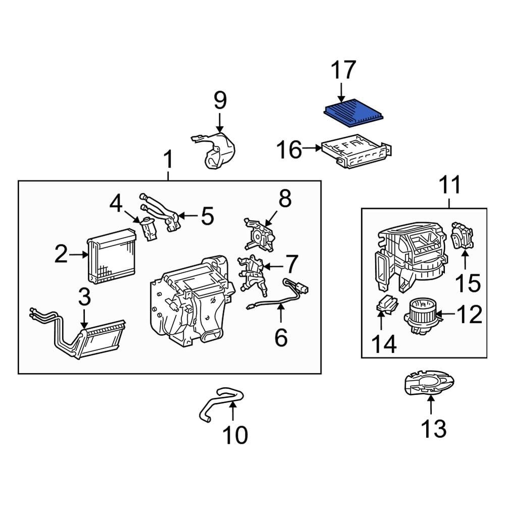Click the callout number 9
[220, 100]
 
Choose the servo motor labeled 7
[251, 275]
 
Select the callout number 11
[449, 186]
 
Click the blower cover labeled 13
[429, 385]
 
